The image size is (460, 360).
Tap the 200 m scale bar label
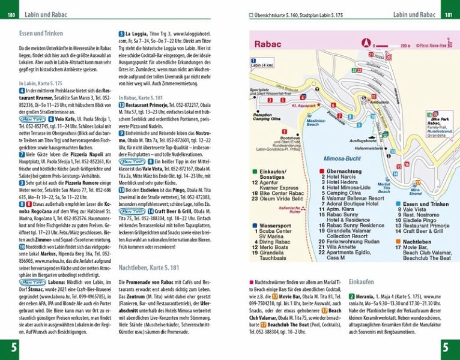(405, 45)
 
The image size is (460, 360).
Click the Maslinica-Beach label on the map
(316, 121)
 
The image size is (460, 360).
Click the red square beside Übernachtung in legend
(322, 171)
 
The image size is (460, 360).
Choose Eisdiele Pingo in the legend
(419, 220)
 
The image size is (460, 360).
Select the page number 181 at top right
(447, 14)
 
